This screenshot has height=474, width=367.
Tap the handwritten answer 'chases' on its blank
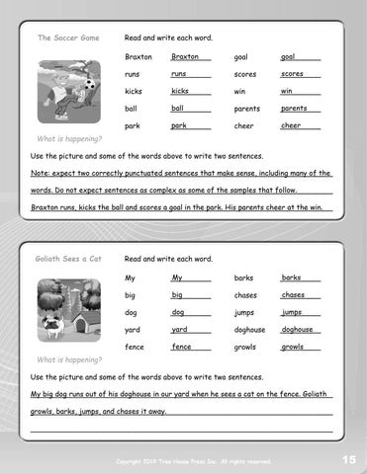[x=293, y=295]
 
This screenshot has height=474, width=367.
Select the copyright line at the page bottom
[x=193, y=461]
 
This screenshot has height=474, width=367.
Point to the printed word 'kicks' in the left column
[x=134, y=92]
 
